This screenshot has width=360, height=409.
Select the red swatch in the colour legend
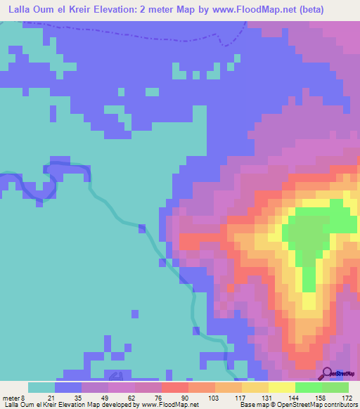tap(175, 387)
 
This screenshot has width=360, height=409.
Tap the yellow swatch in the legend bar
tap(282, 387)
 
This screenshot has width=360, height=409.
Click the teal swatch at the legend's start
tap(41, 387)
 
